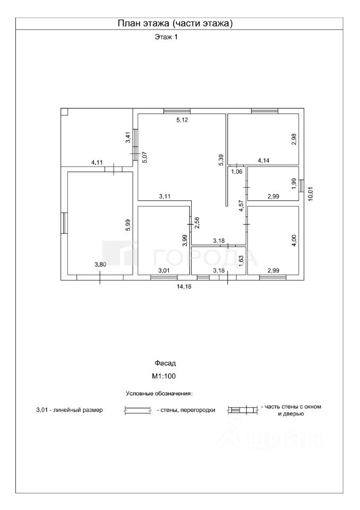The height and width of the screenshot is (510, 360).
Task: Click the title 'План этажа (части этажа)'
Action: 175,23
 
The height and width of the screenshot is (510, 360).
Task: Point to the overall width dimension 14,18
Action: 184,286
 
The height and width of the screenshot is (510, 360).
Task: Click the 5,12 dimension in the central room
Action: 183,120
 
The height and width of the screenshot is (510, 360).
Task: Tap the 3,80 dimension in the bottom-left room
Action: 100,264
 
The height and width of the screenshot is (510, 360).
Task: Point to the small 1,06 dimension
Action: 237,171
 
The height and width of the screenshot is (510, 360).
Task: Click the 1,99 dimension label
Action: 293,183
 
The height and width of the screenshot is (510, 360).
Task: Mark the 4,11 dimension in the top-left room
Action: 97,163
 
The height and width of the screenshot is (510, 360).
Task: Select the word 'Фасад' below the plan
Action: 165,363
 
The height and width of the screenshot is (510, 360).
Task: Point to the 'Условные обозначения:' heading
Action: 159,394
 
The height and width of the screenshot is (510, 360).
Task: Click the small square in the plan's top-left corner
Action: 64,112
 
